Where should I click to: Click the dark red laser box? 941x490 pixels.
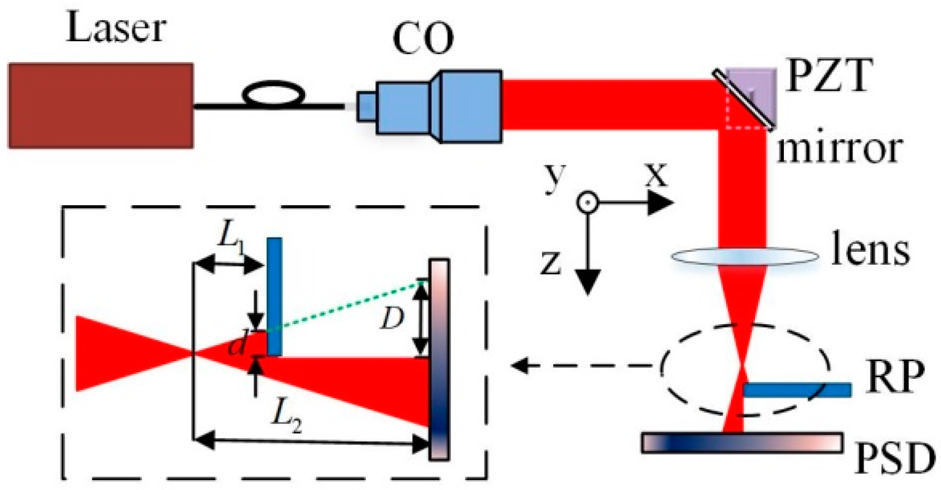coord(101,106)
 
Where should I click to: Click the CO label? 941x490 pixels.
coord(424,39)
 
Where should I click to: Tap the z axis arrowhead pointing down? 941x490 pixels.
coord(588,283)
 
